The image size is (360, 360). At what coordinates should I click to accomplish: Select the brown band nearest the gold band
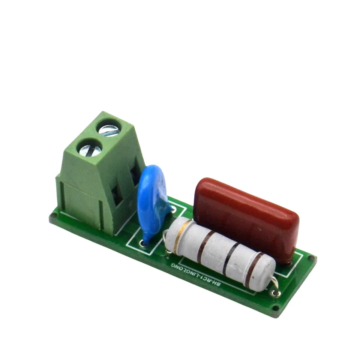(203, 246)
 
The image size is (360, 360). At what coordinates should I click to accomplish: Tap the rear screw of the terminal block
(109, 130)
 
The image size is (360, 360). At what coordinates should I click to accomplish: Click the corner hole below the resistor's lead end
(275, 308)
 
